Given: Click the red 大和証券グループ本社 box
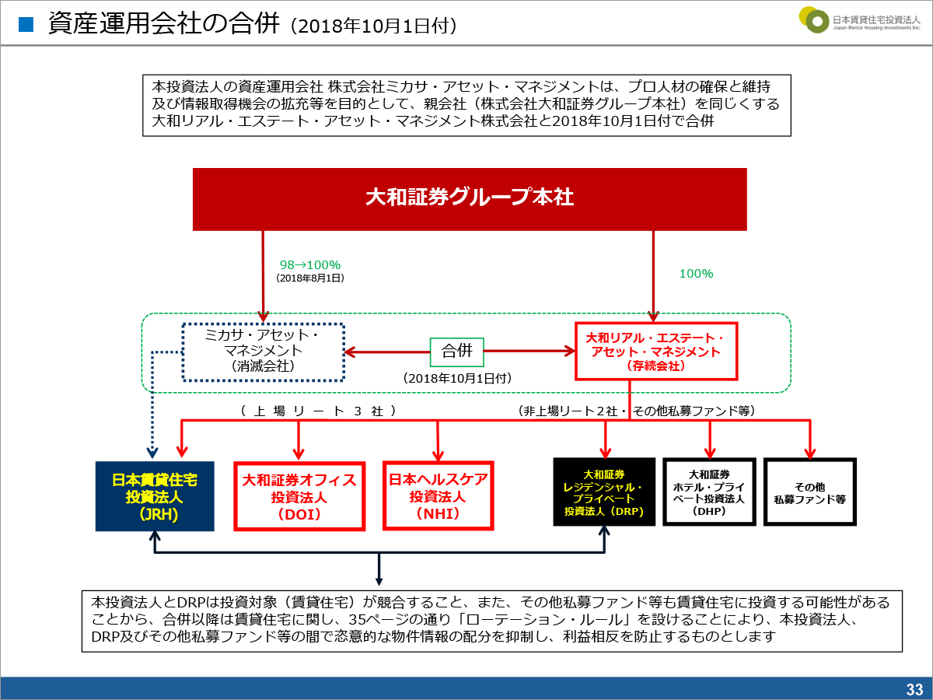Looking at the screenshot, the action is (470, 199).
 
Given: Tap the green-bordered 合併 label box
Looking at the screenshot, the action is (457, 352).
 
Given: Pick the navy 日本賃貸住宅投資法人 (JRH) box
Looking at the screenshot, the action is (155, 496).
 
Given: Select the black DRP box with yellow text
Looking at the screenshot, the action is (604, 492).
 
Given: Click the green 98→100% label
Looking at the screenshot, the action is (310, 264).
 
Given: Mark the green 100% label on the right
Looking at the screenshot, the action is (696, 273).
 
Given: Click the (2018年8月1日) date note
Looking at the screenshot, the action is (310, 278).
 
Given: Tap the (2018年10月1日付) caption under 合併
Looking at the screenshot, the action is (457, 378).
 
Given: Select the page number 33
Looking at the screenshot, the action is (914, 689).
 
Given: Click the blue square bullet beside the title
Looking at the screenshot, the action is (26, 25).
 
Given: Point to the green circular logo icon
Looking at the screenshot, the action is (814, 19).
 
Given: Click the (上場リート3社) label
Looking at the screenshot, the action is (318, 411).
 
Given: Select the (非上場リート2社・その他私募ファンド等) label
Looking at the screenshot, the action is (636, 411).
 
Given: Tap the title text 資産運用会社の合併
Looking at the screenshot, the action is (163, 23).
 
